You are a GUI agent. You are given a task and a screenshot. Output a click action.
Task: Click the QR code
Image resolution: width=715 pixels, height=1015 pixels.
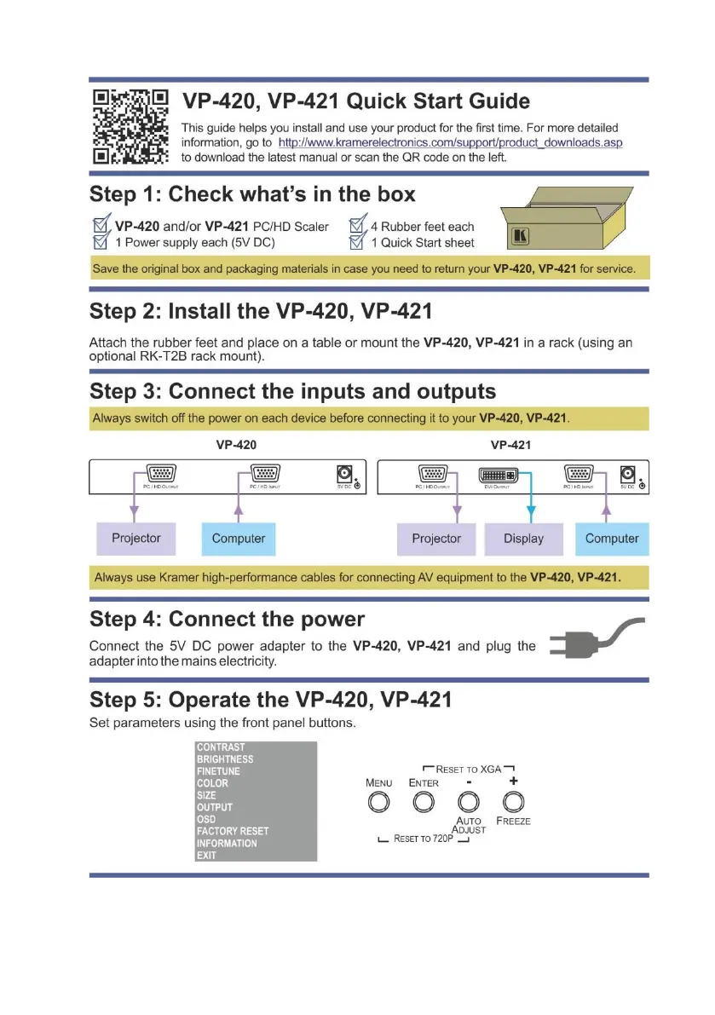point(130,128)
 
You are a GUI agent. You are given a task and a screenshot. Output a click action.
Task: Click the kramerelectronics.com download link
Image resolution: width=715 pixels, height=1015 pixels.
point(450,142)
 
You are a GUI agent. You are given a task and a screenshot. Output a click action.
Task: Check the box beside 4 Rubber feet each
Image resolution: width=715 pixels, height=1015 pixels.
point(359,227)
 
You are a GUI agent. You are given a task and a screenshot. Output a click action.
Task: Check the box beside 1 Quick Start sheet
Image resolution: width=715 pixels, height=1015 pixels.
point(359,243)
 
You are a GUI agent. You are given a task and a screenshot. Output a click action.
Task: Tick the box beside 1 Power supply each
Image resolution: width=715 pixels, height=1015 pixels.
point(101,243)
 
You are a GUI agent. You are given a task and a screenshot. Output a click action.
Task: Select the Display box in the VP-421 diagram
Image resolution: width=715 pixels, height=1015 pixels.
point(523,539)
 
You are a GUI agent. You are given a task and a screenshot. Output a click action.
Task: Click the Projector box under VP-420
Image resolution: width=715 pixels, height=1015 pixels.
point(136,539)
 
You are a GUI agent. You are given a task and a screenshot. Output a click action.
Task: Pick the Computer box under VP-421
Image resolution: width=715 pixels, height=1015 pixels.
point(612,539)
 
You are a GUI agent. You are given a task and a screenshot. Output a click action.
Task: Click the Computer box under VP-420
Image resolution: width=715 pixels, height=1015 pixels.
point(238,539)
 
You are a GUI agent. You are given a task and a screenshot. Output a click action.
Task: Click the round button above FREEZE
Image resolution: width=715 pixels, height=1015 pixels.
point(512,802)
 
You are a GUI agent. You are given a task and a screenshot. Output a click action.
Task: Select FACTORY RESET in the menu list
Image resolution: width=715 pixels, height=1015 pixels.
point(232,831)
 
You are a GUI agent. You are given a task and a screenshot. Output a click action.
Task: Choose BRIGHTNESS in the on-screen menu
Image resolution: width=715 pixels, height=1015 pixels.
point(224,759)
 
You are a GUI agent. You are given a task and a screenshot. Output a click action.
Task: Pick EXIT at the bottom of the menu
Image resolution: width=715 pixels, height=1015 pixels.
point(206,855)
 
